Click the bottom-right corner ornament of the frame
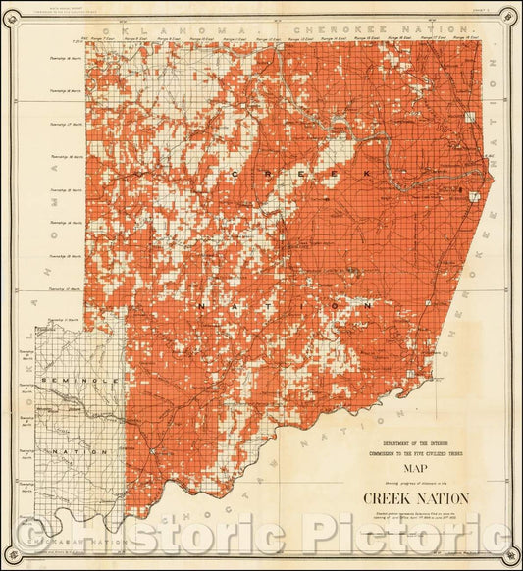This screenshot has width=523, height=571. coord(506,552)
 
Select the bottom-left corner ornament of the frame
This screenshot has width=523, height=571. coord(17,552)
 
